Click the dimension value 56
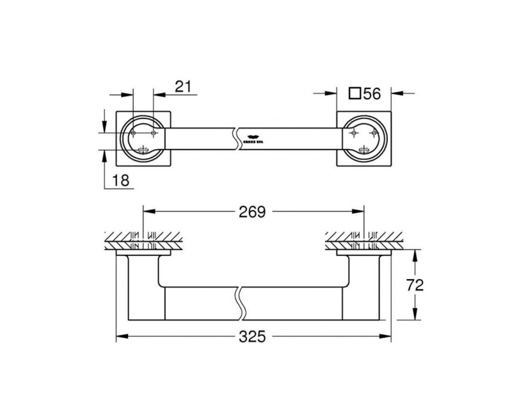point(372,93)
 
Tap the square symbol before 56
point(354,93)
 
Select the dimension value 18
point(121,181)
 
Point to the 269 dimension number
point(252,212)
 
